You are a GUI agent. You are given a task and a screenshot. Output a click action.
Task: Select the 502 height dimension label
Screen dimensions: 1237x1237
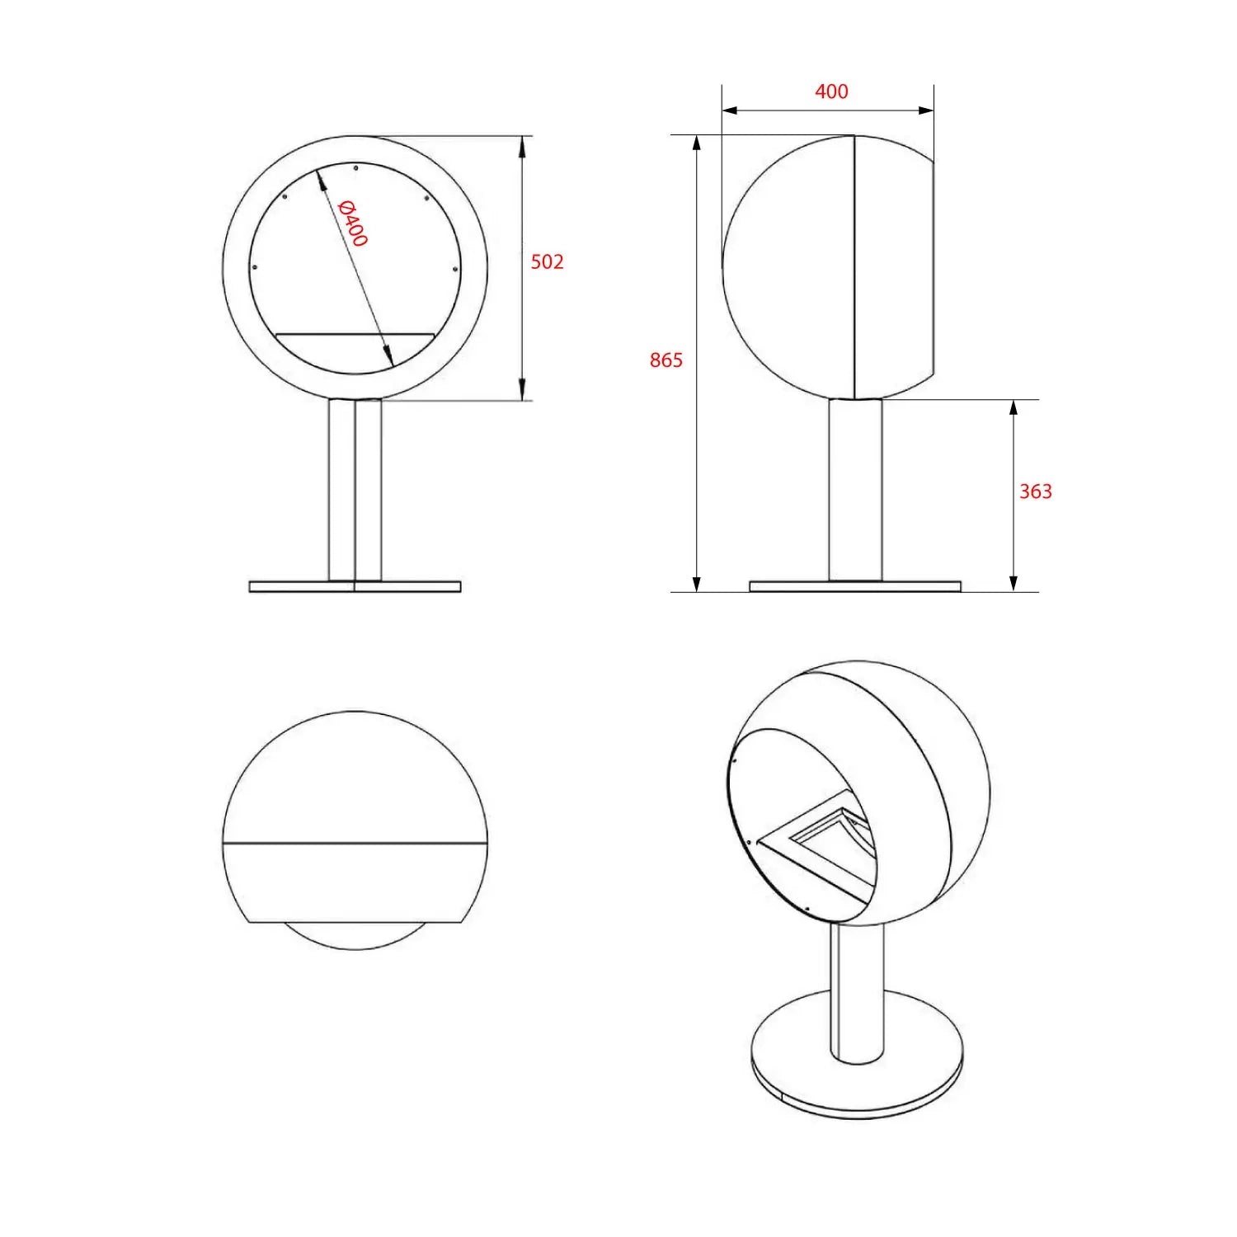pos(547,261)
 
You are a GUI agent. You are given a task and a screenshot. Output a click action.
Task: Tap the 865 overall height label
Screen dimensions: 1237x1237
pos(666,360)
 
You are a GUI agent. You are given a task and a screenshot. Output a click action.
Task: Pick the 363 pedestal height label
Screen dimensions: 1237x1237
pos(1036,492)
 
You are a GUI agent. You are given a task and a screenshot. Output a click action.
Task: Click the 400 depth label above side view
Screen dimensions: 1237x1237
pos(831,92)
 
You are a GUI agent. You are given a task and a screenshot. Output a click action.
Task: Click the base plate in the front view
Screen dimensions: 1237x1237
pos(355,586)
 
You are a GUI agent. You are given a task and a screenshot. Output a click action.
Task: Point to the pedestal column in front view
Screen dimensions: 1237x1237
pos(355,490)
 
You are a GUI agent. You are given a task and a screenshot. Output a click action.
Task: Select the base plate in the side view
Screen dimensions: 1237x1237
pos(855,586)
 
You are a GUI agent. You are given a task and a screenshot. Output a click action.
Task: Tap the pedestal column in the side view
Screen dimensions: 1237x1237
pos(855,490)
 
